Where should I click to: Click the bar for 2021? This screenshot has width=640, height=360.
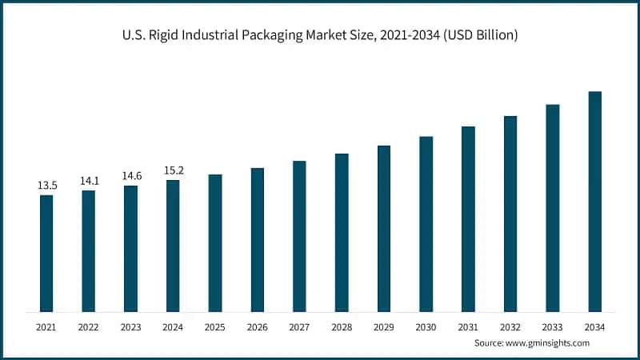point(46,253)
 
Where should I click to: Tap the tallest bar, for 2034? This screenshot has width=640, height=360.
point(594,201)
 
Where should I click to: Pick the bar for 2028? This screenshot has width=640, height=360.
point(342,232)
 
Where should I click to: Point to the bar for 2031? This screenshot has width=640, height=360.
point(468,218)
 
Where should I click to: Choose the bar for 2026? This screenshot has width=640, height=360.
point(257,239)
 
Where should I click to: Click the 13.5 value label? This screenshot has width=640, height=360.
point(47,186)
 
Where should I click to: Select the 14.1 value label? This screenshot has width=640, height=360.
point(89,181)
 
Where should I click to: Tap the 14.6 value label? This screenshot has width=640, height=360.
point(131,176)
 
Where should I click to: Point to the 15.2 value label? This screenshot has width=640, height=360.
point(173,170)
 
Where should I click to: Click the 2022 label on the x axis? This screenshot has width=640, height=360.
point(89,326)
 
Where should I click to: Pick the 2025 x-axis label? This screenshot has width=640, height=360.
point(215,326)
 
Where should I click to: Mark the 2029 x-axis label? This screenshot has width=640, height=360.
point(384,326)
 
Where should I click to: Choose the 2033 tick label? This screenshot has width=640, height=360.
point(552,326)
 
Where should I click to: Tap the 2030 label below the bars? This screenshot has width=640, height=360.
point(426,326)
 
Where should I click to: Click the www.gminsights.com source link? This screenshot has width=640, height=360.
point(548,342)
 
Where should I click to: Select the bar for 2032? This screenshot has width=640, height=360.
point(510,214)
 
